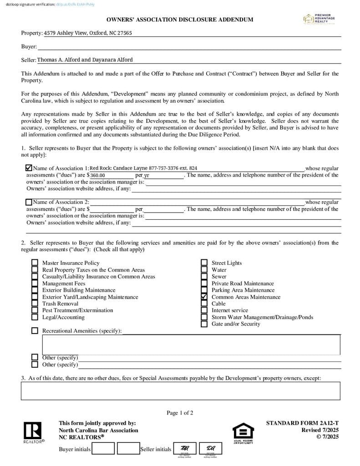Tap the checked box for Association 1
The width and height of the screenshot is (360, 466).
29,168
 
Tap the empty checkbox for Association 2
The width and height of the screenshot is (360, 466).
29,202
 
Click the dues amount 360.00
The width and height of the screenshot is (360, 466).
98,175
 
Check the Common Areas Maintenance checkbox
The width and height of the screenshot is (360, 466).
204,297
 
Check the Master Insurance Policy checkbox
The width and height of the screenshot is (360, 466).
35,263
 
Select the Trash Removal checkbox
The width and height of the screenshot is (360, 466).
35,304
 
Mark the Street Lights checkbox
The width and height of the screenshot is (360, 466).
204,263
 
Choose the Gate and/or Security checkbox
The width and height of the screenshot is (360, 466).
204,324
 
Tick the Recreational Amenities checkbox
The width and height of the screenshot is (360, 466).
35,331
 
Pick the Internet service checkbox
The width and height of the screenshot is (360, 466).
204,310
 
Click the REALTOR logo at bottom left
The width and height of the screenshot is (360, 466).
33,432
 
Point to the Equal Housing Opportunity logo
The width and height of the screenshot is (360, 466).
243,433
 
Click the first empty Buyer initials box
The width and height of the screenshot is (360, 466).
103,449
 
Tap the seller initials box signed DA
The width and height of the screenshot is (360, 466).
211,449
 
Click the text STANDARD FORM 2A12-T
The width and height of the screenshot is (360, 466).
302,423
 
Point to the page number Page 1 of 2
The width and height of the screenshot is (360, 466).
180,413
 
